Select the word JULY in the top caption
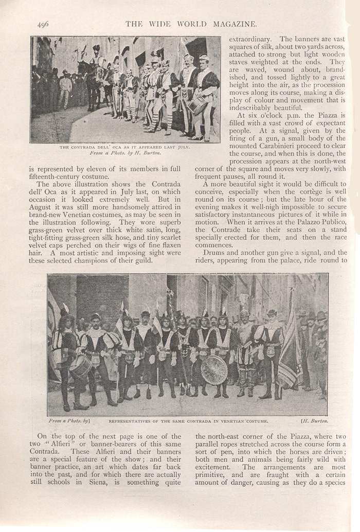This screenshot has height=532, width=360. pos(181,147)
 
